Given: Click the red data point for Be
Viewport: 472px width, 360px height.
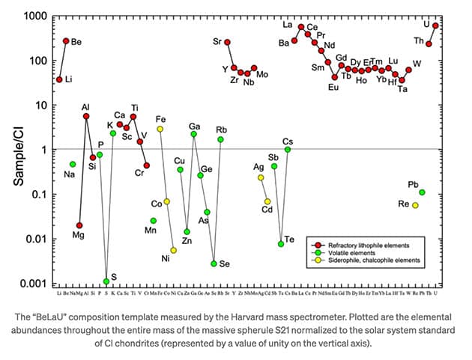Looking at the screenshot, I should point(66,41).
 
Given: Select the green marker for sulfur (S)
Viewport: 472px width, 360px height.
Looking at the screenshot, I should point(106,281).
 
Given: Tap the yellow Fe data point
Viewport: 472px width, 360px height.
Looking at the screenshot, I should point(160,129).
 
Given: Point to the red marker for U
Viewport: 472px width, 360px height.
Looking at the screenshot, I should point(435,26).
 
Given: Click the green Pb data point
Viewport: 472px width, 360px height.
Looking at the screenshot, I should point(422,192).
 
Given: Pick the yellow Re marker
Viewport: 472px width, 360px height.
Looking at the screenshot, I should point(415,205).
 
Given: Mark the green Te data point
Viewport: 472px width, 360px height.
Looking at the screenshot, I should point(281,244).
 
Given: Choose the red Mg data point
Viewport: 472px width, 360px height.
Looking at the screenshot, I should point(79,225).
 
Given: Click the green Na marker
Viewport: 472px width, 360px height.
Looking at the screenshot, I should point(73,164).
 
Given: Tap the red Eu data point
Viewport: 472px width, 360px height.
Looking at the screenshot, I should point(334,77).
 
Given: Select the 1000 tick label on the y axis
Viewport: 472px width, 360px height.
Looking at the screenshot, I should point(34,16).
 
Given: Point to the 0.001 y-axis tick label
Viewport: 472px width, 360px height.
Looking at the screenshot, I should point(32,284).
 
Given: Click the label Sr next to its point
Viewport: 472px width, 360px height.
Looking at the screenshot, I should point(217,41).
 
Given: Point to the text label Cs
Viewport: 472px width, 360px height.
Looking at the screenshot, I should point(288,141).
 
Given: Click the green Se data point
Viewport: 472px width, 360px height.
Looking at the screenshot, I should point(214,263).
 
